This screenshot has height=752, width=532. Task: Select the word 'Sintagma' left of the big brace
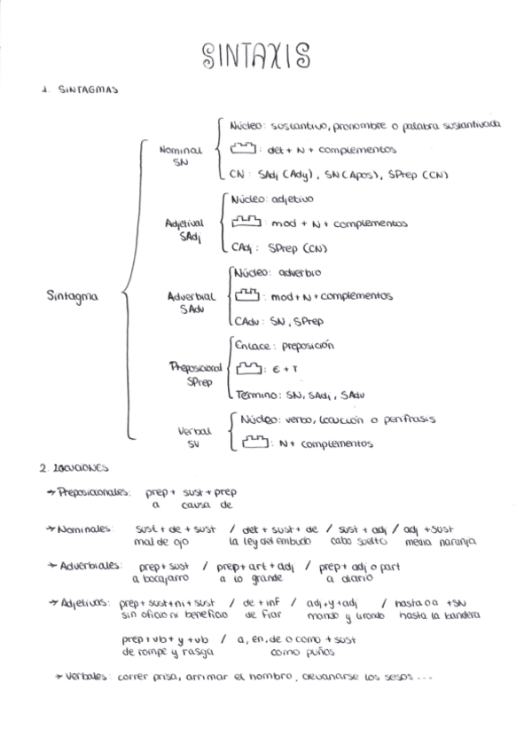click(x=73, y=297)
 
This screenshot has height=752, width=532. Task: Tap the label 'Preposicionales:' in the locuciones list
click(x=96, y=491)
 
